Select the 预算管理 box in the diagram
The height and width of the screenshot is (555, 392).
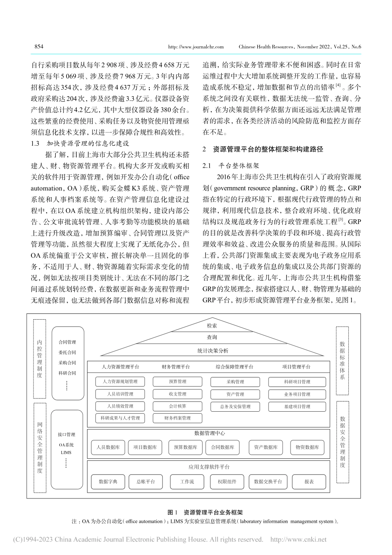[177, 382]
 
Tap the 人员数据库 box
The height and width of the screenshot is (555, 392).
[108, 447]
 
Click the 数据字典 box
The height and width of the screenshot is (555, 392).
[108, 481]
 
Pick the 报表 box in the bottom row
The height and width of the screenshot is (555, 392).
[309, 481]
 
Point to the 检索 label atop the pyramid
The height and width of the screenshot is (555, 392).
[212, 326]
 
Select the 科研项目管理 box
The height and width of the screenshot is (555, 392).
[297, 382]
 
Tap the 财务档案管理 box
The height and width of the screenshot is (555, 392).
[177, 418]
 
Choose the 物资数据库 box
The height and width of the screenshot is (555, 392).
[307, 447]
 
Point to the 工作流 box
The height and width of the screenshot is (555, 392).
[187, 481]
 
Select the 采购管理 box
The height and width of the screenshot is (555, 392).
[235, 382]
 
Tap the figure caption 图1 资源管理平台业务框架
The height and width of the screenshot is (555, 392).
[205, 512]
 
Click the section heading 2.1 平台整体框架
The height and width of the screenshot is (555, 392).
[231, 166]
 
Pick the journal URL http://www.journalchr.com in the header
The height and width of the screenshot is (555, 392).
[196, 47]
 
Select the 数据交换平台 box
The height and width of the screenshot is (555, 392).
[268, 481]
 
